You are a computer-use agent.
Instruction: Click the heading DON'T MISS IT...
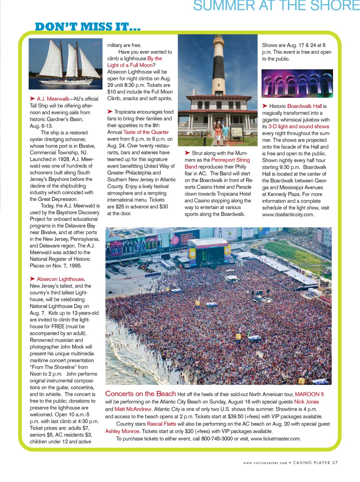click(88, 27)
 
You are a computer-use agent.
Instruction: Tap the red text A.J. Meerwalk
click(53, 99)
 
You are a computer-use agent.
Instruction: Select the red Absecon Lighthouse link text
click(60, 279)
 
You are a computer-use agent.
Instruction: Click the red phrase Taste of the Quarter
click(146, 132)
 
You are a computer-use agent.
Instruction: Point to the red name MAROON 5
click(309, 394)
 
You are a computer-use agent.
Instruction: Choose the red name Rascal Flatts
click(161, 424)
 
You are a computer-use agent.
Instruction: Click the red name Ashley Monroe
click(122, 431)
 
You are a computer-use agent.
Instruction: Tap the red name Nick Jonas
click(307, 402)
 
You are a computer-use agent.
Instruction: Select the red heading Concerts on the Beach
click(140, 394)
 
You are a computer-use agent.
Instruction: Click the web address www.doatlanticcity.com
click(288, 214)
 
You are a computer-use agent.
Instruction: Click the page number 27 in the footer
click(335, 463)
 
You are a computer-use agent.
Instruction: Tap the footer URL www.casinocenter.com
click(265, 463)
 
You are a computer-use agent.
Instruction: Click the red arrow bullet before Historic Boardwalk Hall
click(265, 106)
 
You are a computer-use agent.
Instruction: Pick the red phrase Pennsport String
click(230, 160)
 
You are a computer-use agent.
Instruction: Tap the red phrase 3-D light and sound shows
click(298, 127)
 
